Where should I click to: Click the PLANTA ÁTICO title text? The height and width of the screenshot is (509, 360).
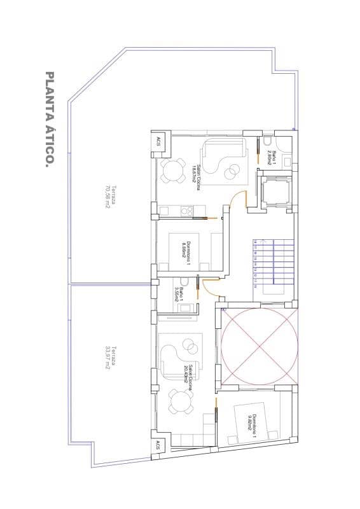[x=49, y=120]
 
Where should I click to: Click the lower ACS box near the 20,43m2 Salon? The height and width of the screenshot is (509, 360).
[x=157, y=447]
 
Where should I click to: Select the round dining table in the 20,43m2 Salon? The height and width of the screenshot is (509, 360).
[x=180, y=401]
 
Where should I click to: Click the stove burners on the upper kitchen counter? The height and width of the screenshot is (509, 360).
[x=188, y=209]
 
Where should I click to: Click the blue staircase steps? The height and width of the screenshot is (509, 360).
[x=273, y=261]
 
